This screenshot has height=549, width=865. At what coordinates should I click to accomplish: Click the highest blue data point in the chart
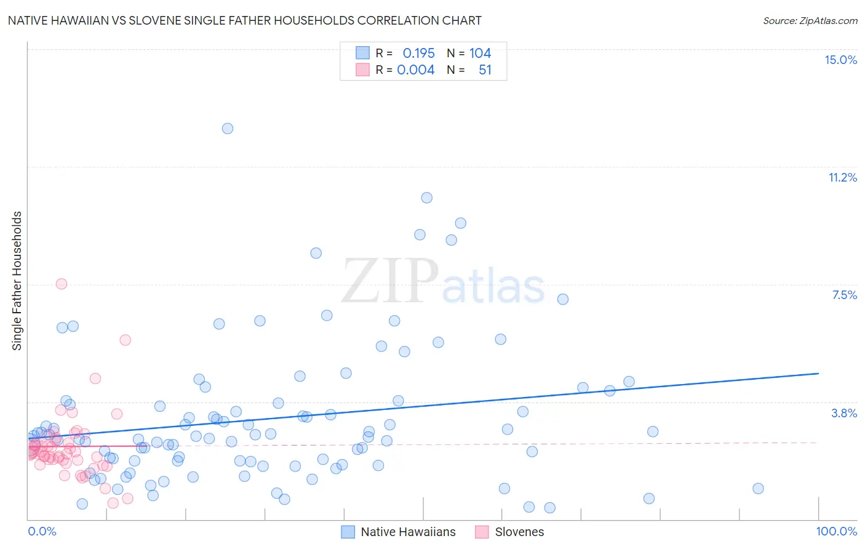tap(228, 129)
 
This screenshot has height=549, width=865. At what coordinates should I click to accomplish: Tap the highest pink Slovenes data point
tap(62, 284)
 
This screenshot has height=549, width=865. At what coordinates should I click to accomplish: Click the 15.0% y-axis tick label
tap(840, 60)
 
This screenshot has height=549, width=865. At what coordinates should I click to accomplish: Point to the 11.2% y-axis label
tap(842, 177)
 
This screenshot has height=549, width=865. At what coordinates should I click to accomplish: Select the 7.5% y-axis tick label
tap(844, 295)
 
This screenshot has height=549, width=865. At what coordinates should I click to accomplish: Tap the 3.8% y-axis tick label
tap(844, 413)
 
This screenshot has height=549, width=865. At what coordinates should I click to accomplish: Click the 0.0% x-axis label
tap(42, 531)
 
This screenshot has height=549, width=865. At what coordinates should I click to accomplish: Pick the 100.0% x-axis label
tap(836, 531)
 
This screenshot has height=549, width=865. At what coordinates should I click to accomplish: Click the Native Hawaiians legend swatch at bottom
tap(348, 532)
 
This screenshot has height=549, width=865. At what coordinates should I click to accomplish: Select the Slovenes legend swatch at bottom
tap(482, 532)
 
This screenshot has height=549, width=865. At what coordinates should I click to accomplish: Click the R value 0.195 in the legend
tap(418, 54)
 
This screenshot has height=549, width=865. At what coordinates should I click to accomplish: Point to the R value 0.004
tap(416, 70)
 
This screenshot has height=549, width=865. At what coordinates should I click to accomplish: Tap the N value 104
tap(480, 54)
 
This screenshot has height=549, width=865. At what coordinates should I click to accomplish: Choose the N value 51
tap(485, 70)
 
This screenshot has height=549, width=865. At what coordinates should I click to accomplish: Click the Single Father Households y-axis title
tap(17, 281)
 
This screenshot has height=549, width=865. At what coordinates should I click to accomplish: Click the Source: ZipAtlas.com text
tap(810, 21)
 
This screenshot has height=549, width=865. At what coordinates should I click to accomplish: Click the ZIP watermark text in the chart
tap(390, 281)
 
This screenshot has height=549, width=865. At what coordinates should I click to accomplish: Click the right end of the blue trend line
tap(818, 374)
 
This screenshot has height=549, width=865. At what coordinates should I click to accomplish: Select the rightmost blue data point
tap(758, 489)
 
